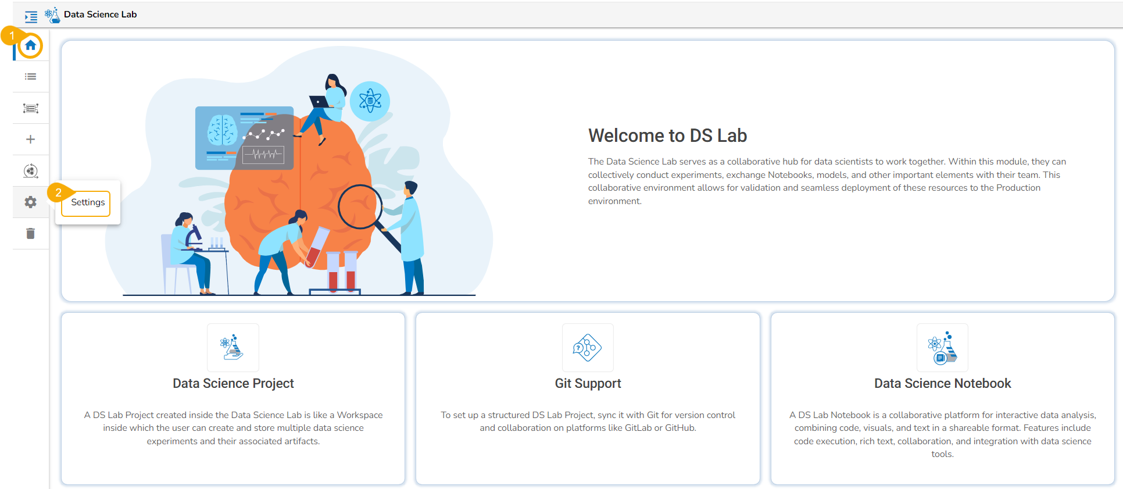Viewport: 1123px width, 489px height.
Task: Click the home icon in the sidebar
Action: coord(31,45)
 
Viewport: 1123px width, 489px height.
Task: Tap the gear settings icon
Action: coord(31,202)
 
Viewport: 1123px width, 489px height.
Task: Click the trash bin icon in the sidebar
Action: coord(31,234)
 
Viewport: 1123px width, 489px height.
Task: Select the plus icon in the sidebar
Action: coord(31,140)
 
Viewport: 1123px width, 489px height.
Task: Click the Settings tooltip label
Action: coord(88,202)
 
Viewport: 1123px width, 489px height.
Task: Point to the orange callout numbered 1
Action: coord(11,35)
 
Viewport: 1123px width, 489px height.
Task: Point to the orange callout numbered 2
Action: coord(58,192)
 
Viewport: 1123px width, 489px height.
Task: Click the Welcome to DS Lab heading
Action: coord(667,135)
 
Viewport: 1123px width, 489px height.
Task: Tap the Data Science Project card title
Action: coord(233,384)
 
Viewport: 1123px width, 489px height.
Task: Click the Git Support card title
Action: coord(588,384)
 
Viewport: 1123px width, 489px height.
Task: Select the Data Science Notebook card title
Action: coord(942,384)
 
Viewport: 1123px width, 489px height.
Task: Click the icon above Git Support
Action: coord(588,348)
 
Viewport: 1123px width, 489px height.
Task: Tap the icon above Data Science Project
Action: coord(233,348)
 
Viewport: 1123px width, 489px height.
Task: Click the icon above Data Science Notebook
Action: coord(942,348)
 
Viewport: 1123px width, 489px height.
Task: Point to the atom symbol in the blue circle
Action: coord(370,101)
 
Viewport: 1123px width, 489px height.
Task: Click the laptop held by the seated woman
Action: coord(320,102)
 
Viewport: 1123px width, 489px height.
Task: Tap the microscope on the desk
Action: coord(194,238)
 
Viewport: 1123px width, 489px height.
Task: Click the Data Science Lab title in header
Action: coord(101,15)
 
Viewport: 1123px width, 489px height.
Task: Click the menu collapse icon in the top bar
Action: coord(31,17)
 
